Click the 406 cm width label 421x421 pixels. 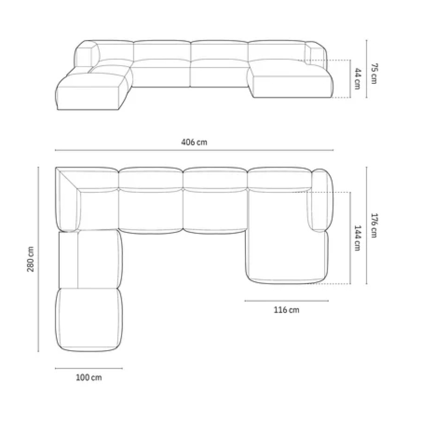tap(194, 142)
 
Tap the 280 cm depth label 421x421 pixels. tap(31, 259)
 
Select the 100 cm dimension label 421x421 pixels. tap(89, 378)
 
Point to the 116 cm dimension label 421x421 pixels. tap(287, 310)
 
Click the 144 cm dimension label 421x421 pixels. tap(357, 238)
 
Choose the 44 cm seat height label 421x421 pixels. tap(357, 78)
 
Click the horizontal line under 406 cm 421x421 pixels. tap(194, 150)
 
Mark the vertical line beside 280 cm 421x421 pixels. tap(38, 259)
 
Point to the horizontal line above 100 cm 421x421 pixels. tap(89, 368)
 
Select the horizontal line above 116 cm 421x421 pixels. tap(287, 301)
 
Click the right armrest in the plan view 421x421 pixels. tap(321, 200)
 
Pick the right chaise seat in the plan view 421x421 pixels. tap(280, 236)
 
